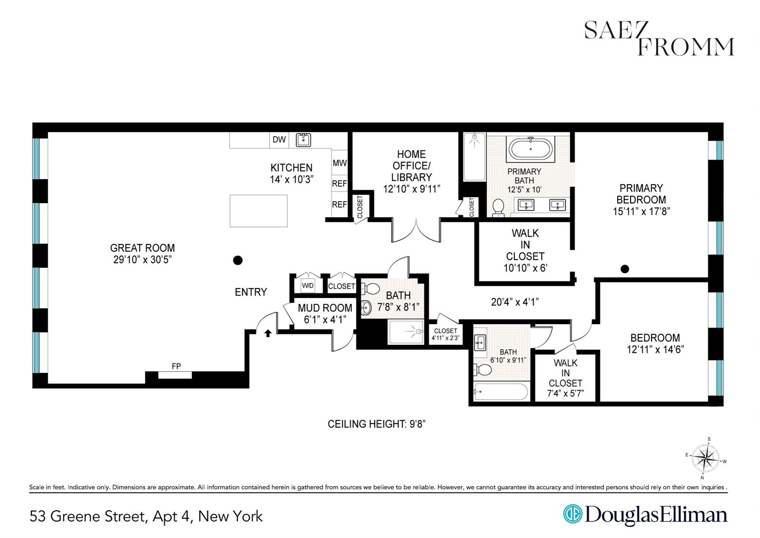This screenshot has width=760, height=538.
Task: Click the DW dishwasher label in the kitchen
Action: click(279, 139)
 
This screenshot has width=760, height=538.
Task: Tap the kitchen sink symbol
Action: click(303, 140)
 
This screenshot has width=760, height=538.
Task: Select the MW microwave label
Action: click(340, 163)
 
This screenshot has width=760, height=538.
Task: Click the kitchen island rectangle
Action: click(258, 211)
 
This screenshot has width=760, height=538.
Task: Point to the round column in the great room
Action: click(237, 260)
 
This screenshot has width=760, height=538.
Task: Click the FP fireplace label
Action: click(176, 366)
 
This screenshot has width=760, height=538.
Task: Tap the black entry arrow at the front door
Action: click(268, 333)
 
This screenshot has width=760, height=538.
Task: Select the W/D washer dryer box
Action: click(308, 285)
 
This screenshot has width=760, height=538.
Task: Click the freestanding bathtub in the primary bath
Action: click(530, 149)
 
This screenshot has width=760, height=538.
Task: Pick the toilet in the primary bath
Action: click(498, 207)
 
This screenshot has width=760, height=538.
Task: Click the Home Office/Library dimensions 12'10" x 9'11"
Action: click(411, 189)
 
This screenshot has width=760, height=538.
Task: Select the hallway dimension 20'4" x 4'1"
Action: click(515, 302)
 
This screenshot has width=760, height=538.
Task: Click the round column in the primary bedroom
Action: click(625, 269)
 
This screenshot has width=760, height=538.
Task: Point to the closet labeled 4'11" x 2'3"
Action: click(445, 334)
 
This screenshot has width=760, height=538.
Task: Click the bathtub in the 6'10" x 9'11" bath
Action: click(501, 392)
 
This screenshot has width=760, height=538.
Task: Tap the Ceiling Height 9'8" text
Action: click(376, 424)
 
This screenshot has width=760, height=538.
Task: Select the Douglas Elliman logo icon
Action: click(573, 514)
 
